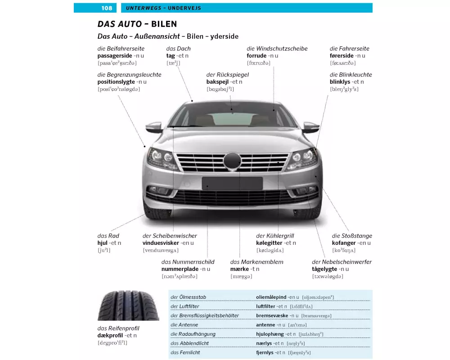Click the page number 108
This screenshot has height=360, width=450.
[107, 8]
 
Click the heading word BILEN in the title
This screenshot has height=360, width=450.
[161, 24]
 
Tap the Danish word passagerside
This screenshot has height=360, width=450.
[115, 56]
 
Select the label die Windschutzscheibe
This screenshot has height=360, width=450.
[277, 49]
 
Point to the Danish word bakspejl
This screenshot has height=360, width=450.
[217, 82]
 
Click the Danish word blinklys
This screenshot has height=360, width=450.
[341, 82]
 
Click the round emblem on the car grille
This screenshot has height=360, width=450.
[233, 161]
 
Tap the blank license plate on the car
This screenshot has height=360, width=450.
[232, 183]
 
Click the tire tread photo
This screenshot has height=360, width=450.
[128, 306]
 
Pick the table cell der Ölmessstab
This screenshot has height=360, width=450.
[189, 297]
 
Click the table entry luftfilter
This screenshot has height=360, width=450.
[265, 306]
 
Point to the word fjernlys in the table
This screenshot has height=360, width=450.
[265, 352]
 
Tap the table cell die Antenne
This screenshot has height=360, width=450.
[184, 325]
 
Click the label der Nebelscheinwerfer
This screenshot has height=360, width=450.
[342, 262]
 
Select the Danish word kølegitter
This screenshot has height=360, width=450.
[270, 243]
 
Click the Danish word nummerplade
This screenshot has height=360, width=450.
[180, 269]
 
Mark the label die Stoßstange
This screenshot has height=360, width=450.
[352, 236]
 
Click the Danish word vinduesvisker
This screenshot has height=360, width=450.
[161, 243]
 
